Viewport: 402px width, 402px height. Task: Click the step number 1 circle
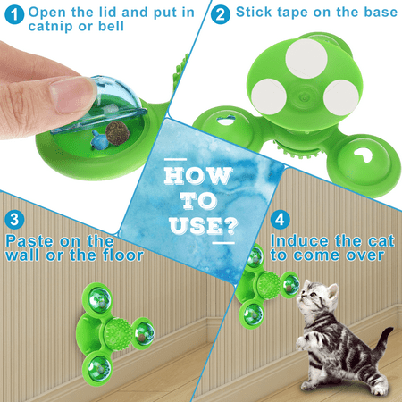click(x=14, y=15)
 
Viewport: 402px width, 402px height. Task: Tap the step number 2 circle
click(x=221, y=14)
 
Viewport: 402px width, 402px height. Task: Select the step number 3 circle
click(x=14, y=220)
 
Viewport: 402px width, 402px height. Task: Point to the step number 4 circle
click(x=280, y=220)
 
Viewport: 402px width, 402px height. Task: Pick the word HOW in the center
click(x=198, y=176)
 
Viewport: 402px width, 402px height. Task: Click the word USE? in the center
click(x=204, y=226)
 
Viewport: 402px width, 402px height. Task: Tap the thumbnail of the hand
click(x=72, y=96)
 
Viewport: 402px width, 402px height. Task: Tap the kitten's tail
click(x=383, y=339)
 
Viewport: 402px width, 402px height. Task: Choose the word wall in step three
click(x=23, y=255)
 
